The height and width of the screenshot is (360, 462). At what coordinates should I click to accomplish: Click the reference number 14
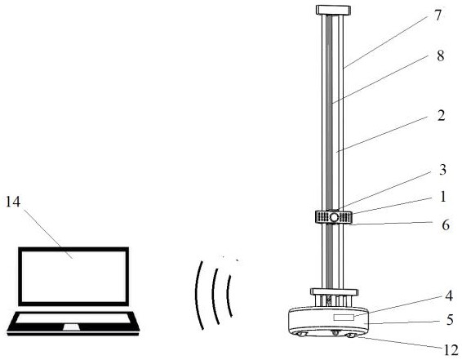tap(13, 202)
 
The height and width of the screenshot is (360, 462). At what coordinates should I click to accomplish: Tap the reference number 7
tap(438, 15)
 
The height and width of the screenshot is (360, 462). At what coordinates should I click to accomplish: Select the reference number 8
tap(440, 56)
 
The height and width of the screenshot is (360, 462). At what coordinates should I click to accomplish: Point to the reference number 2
tap(441, 116)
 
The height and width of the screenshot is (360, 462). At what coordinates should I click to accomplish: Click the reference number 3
tap(442, 170)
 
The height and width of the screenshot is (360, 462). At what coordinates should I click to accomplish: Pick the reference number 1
tap(443, 197)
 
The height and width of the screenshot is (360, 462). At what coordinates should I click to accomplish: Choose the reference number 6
tap(446, 225)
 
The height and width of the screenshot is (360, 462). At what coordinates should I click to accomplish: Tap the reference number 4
tap(449, 296)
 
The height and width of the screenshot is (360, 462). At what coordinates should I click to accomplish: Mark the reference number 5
tap(450, 320)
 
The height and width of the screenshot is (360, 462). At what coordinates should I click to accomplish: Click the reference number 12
tap(451, 350)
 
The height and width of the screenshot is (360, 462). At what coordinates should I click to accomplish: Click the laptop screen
tap(73, 277)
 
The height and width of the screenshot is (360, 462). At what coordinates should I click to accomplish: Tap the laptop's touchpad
tap(71, 327)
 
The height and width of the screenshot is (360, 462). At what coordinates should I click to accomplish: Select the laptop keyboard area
tap(73, 318)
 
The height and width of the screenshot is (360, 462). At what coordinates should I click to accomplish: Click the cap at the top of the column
tap(333, 10)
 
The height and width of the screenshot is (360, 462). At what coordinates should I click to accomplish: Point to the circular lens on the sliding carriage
tap(334, 217)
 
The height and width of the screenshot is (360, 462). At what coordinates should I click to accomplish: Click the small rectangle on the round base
tap(344, 318)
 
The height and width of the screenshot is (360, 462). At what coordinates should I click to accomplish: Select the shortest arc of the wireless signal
tap(228, 296)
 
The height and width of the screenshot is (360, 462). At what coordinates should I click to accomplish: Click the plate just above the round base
tap(335, 292)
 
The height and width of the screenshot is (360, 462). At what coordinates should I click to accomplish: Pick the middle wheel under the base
tap(335, 332)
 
